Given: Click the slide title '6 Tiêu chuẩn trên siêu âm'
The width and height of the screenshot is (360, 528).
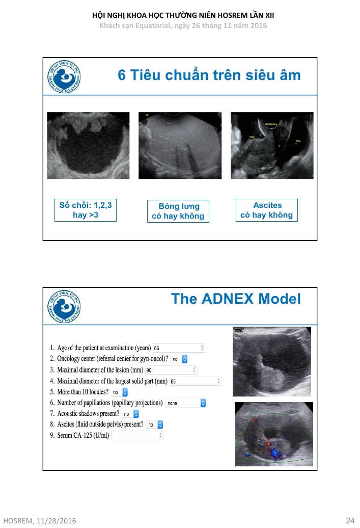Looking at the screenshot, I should point(209,75).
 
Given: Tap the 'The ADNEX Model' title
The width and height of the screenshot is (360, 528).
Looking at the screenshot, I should point(236,299).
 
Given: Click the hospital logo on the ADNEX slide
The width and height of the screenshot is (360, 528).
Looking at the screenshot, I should point(64,307).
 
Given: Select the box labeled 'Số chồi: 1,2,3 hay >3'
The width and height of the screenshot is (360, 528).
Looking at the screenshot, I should point(85,210).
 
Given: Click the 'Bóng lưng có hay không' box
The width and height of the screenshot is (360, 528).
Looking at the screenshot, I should point(178,211).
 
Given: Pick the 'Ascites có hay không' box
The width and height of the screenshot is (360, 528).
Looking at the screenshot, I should point(267,210).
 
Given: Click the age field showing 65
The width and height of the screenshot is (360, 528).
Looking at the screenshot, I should point(178,348).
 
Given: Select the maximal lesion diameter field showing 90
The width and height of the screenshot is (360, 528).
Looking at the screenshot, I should point(171,370).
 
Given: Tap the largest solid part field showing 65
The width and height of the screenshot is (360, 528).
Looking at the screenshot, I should point(195,381).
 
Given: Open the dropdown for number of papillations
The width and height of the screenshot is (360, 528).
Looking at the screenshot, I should point(185,403).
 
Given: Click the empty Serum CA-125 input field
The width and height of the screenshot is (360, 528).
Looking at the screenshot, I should point(137,435).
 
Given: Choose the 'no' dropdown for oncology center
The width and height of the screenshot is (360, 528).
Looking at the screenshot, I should point(179,359).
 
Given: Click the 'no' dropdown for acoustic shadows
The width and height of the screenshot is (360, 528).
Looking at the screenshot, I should point(130,414).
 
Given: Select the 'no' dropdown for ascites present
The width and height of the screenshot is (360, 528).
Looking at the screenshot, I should point(154,425).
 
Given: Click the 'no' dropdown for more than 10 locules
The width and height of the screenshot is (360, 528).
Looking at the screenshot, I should point(119,392).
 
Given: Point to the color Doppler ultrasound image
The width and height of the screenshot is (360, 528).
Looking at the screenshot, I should point(274,434).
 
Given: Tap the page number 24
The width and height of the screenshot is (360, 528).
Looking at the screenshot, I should point(350,520).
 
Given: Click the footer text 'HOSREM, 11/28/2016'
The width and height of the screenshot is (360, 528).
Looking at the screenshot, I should point(39,521).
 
